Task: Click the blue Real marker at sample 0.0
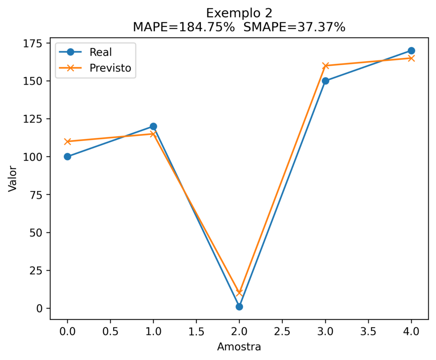(67, 157)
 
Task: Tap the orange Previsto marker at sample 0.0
(67, 141)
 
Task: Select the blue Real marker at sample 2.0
(239, 306)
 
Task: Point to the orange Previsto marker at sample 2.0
(239, 293)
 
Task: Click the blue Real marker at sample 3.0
(325, 81)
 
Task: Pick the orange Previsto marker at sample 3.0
(325, 66)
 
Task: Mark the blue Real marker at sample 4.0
(411, 51)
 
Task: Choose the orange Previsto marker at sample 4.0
(411, 58)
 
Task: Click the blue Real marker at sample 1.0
(153, 126)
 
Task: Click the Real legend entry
(100, 52)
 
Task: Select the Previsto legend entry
(110, 68)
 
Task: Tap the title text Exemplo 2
(239, 12)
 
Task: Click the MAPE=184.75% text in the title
(184, 27)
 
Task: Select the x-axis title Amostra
(239, 347)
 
